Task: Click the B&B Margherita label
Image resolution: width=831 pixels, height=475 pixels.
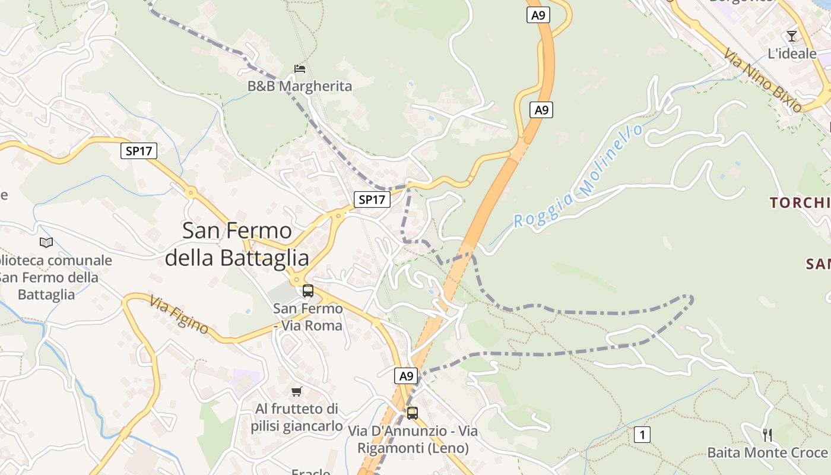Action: pos(299,86)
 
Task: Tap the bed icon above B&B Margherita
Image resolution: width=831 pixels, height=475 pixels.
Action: pos(300,69)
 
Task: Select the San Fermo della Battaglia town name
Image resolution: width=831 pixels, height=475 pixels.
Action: pos(237,244)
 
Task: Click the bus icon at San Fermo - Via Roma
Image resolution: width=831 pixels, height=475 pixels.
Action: pos(307,291)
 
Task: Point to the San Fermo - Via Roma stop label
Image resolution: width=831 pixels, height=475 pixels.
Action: pos(308,317)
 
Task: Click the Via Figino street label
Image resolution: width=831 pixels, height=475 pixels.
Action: pos(179,315)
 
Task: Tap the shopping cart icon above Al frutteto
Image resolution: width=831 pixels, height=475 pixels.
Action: pos(297,391)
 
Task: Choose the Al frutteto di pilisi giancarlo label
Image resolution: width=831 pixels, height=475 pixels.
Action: pos(297,417)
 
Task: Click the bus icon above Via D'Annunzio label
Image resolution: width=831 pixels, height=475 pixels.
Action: pos(412,413)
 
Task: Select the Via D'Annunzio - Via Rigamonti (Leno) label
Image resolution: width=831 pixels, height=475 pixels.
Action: pos(413,439)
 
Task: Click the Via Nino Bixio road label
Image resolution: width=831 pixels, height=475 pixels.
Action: pos(763,80)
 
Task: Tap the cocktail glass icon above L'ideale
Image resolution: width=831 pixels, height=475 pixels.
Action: pos(792,36)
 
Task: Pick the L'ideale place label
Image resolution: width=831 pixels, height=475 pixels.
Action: pos(792,53)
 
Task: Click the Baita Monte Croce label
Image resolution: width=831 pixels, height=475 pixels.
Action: pos(767,452)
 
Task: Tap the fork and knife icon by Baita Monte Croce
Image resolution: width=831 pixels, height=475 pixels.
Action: pos(767,435)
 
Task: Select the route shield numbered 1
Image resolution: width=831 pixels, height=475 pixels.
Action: pos(642,435)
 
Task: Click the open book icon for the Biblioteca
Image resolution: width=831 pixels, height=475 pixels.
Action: pos(46,242)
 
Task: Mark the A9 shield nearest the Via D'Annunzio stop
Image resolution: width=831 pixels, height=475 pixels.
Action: pos(406,376)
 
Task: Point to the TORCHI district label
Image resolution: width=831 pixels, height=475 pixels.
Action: pos(800,203)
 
